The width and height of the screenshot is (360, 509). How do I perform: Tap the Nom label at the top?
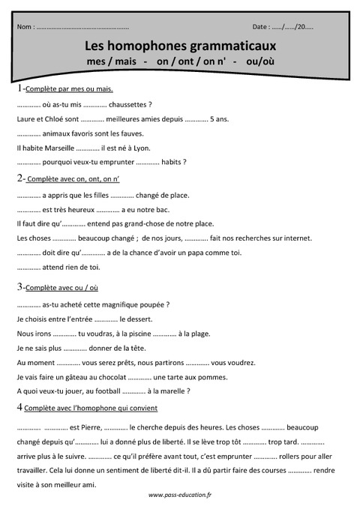pos(24,27)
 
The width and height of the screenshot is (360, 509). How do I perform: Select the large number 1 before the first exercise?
pos(19,88)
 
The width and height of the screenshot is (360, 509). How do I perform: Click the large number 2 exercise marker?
pos(19,178)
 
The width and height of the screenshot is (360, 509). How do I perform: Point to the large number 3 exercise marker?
pos(19,286)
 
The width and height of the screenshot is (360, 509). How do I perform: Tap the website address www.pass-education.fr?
pos(180,495)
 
